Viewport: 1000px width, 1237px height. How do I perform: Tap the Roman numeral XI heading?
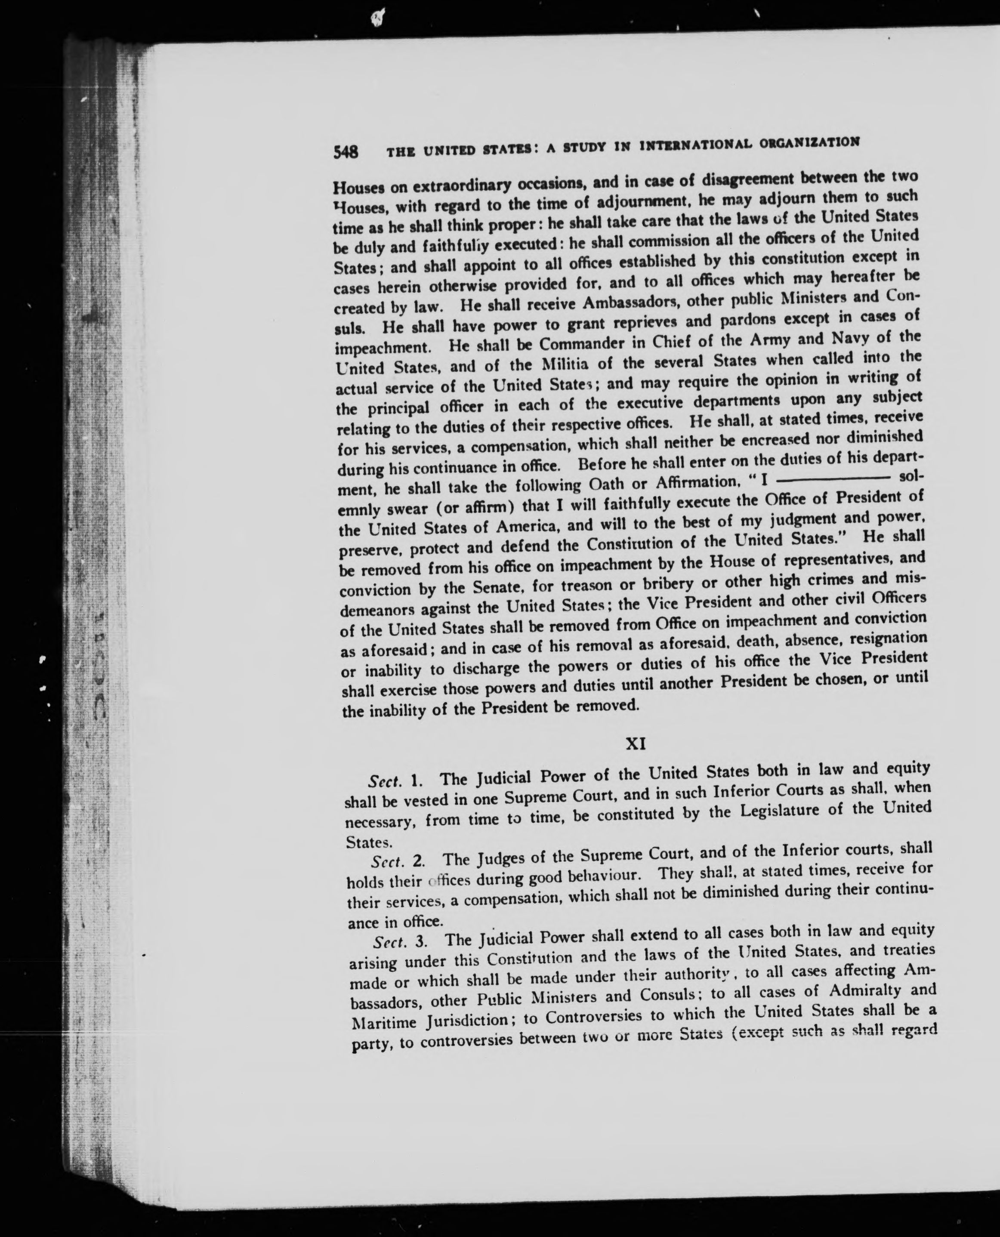636,744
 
